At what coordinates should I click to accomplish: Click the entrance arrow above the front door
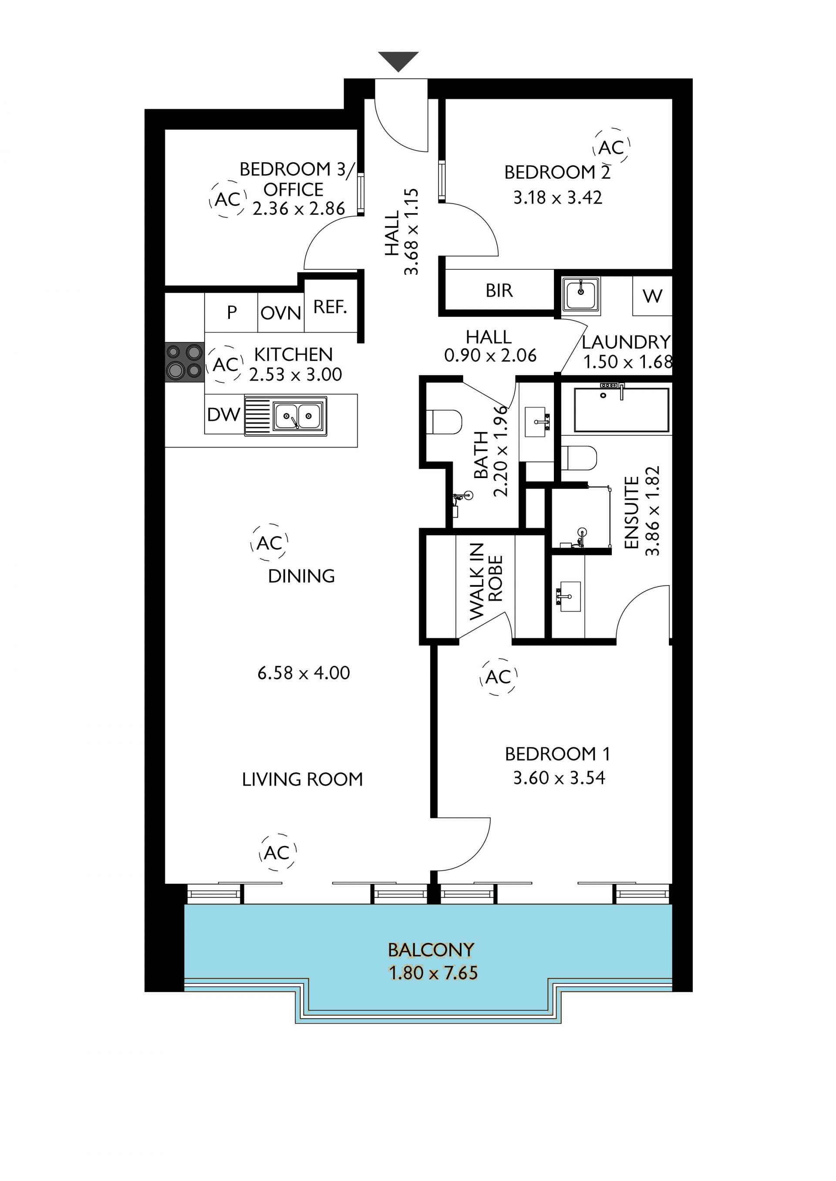(398, 61)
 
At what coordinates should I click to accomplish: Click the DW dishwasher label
(223, 414)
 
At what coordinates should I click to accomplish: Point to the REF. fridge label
(330, 307)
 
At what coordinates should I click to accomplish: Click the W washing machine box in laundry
(652, 296)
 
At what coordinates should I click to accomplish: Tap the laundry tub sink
(581, 295)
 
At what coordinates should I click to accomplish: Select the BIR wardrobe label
(499, 291)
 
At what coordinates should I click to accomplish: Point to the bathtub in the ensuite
(621, 409)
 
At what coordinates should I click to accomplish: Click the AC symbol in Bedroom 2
(611, 147)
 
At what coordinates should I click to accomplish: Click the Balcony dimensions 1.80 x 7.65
(433, 973)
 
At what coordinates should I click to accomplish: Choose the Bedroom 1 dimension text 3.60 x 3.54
(559, 778)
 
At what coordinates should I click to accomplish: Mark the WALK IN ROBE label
(485, 581)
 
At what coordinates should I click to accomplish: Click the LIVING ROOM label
(302, 779)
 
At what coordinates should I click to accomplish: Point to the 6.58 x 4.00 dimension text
(304, 673)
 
